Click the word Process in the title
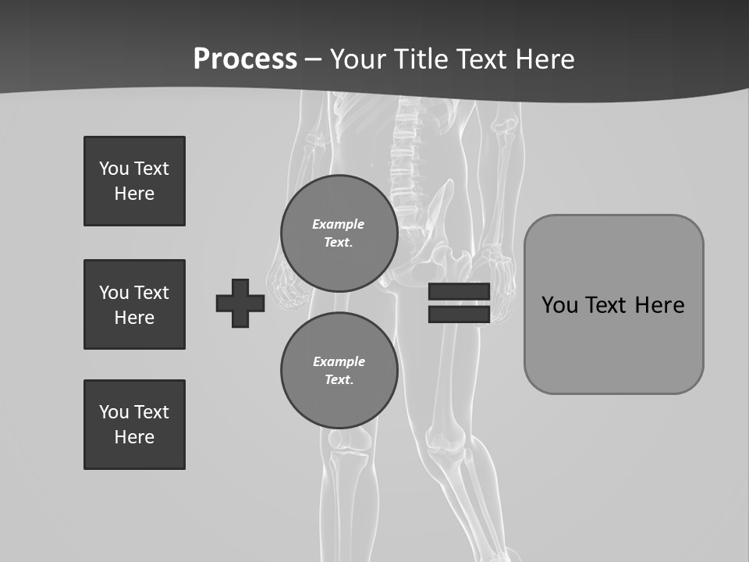point(245,59)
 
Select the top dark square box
point(134,181)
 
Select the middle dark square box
point(134,304)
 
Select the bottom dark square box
point(134,425)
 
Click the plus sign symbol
point(240,303)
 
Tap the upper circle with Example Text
point(339,233)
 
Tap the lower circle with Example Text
point(339,371)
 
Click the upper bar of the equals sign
point(459,291)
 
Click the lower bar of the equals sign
point(459,315)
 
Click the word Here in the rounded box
point(659,305)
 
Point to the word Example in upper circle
point(338,224)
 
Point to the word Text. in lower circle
point(339,380)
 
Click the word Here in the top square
point(134,194)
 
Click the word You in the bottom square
point(114,412)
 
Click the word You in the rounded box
point(560,305)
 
